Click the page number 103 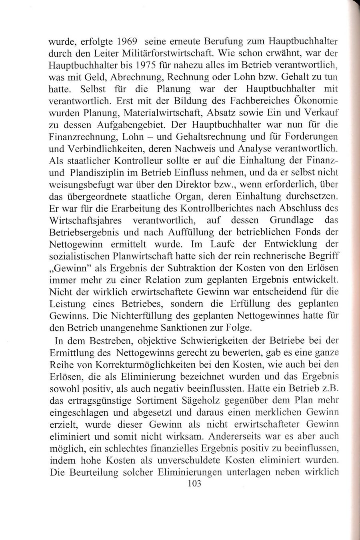tap(193, 483)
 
